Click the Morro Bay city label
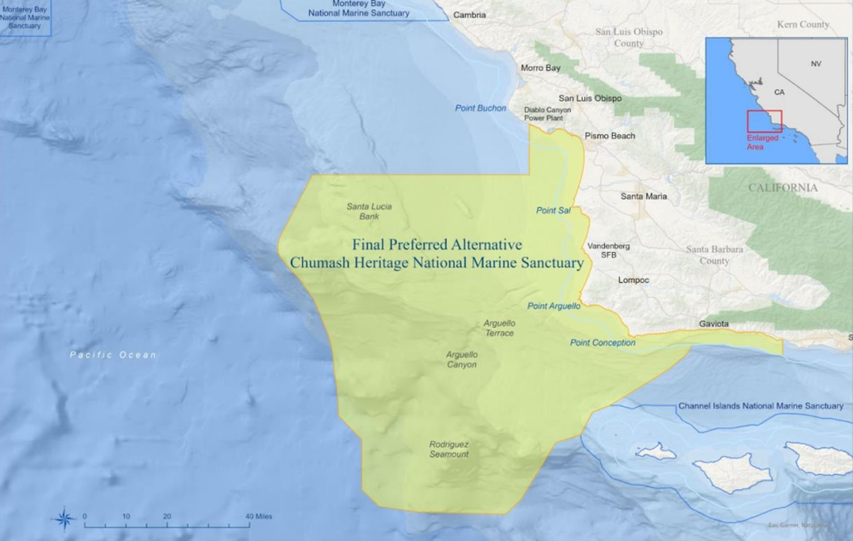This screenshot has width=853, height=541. pos(540,68)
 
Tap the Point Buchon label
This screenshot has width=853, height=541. pos(480,108)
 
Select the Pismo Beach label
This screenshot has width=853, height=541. pos(610,136)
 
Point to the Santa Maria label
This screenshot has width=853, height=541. pos(644,197)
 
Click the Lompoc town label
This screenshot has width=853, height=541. pos(634,281)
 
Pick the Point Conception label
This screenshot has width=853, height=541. pos(602,343)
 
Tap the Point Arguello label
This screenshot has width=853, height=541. pos(554,306)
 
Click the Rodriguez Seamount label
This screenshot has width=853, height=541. pos(449,449)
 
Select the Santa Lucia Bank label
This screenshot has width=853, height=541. pos(369,211)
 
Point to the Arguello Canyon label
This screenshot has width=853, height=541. pos(462,359)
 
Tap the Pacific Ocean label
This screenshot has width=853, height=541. pos(113,355)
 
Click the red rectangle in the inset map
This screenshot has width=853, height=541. pos(764,121)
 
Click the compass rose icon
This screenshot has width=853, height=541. pos(65,517)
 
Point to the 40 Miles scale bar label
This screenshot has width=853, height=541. pos(259,516)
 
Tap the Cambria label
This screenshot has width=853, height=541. pos(469,15)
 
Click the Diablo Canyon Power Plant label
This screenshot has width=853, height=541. pos(547,114)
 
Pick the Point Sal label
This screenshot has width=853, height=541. pos(553,211)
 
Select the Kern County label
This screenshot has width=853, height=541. pos(803,25)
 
